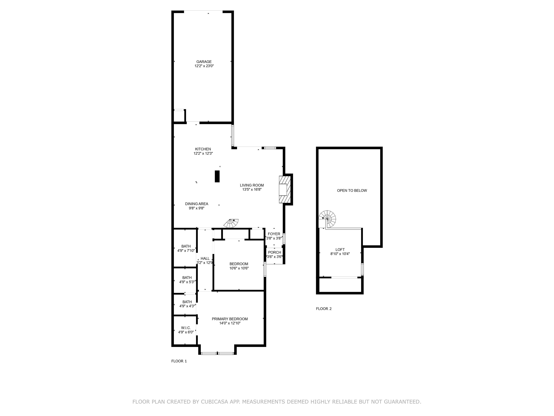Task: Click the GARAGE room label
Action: click(204, 62)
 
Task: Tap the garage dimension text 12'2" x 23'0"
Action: click(204, 66)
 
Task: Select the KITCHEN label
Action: click(203, 149)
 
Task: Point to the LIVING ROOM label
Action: click(252, 185)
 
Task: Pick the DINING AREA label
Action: click(197, 204)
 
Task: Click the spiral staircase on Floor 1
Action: click(232, 223)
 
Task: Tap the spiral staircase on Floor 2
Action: click(328, 218)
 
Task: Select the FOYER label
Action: click(274, 234)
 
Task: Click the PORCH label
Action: click(274, 252)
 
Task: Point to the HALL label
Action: click(205, 259)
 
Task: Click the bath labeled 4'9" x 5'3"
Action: click(187, 279)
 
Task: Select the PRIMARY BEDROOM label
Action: click(230, 319)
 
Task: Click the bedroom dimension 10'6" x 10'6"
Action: click(239, 268)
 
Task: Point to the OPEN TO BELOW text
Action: click(352, 190)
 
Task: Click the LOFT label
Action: click(340, 250)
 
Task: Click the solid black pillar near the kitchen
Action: click(217, 176)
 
